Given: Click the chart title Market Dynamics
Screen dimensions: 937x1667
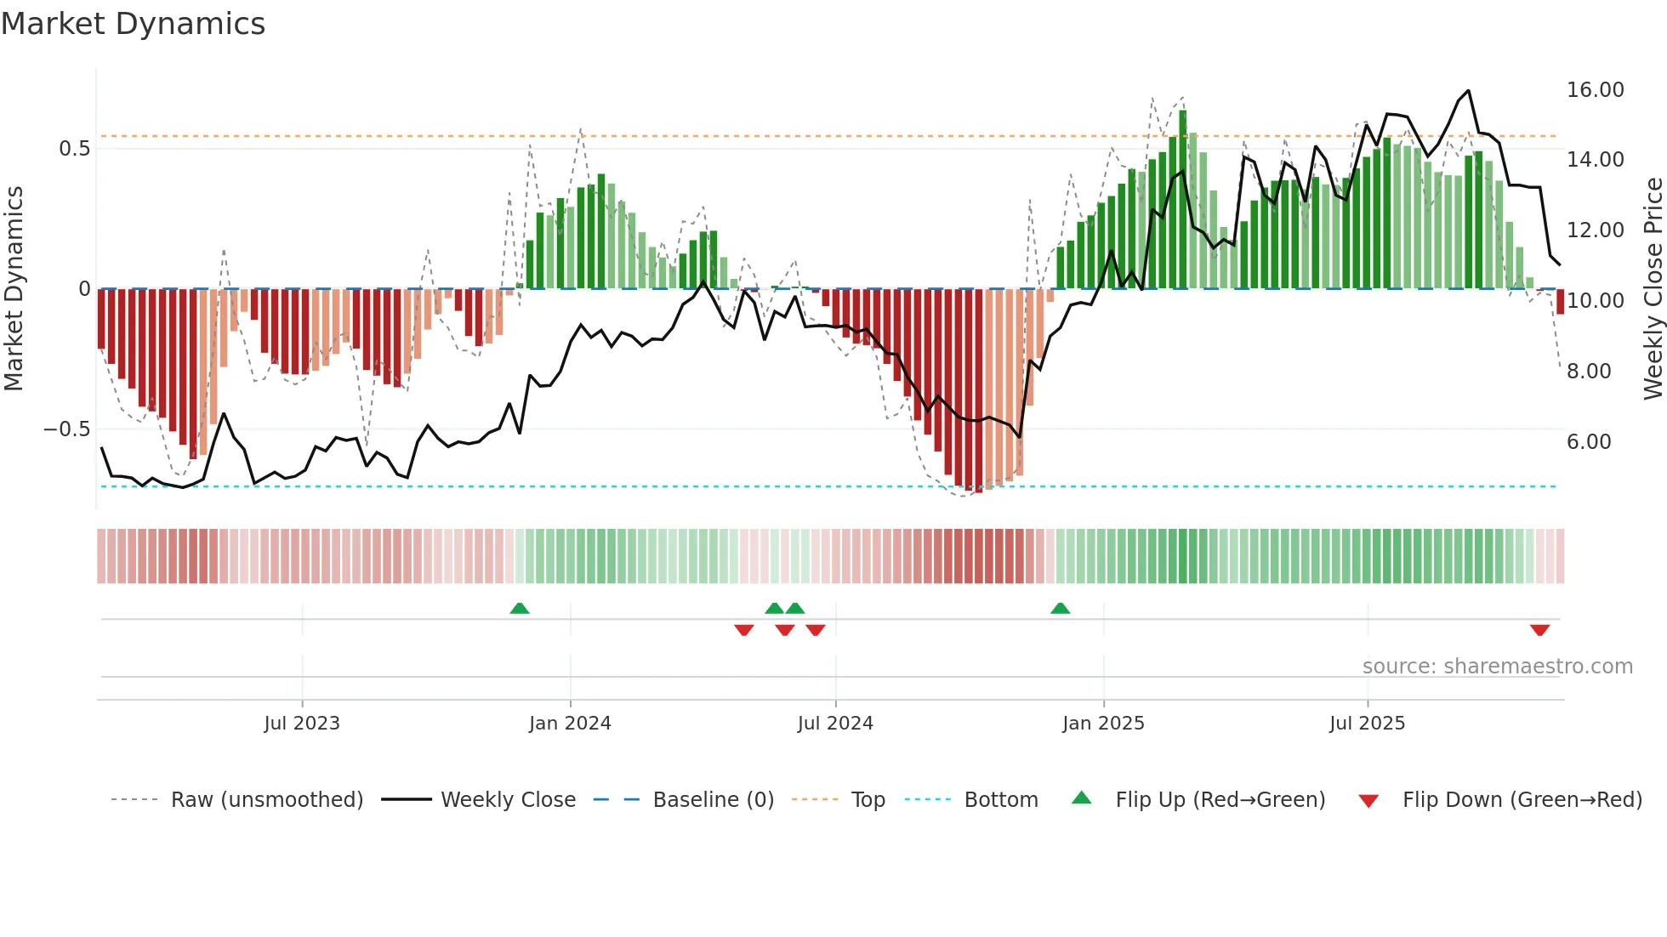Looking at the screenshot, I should tap(133, 24).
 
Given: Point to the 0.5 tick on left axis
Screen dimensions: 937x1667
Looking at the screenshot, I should tap(74, 149).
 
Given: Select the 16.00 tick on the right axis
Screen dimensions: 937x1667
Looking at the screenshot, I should tap(1595, 90).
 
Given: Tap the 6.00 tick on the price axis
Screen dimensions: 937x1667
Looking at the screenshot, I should tap(1588, 442).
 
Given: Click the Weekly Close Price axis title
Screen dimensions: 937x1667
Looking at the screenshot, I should tap(1653, 289).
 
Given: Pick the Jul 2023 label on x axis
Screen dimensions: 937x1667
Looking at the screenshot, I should tap(301, 724).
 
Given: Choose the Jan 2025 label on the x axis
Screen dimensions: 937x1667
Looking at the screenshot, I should tap(1103, 724).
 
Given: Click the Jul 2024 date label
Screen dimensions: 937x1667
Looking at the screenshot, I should tap(835, 724).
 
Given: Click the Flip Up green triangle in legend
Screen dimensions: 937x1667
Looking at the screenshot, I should tap(1081, 798).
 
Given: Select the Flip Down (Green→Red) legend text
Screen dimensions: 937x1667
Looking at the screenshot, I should tap(1522, 800).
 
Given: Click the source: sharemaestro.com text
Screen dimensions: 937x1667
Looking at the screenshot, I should tap(1497, 667).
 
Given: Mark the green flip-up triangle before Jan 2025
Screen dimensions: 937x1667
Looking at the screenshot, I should tap(1060, 609).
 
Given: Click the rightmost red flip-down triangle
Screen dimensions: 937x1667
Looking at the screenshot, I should tap(1539, 630).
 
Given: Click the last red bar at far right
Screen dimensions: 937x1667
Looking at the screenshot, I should tap(1561, 302).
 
